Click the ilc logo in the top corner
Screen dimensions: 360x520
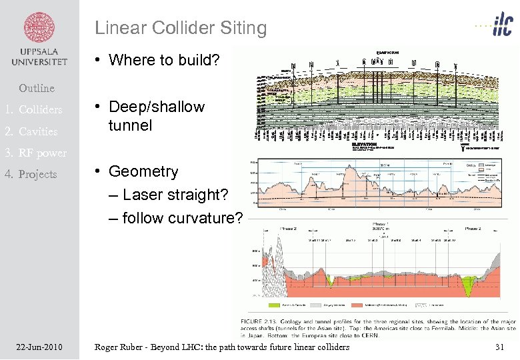[496, 27]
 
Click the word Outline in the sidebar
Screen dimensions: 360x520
[37, 88]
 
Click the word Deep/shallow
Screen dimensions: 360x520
[157, 107]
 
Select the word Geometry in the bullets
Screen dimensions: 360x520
[143, 171]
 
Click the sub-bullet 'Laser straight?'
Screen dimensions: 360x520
[175, 195]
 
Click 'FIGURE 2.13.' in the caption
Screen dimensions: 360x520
[258, 321]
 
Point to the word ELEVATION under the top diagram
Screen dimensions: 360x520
[364, 144]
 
